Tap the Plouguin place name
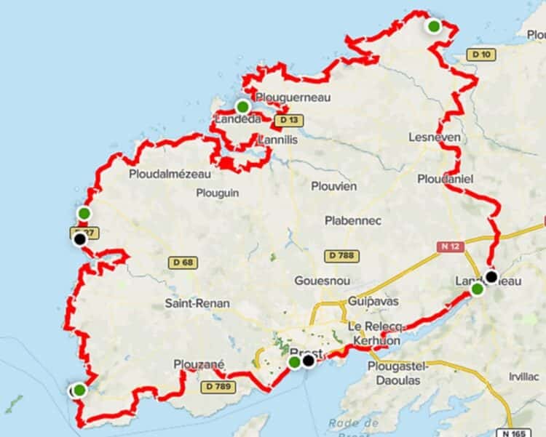coord(218,193)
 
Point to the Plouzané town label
coord(199,364)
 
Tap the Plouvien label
coord(334,186)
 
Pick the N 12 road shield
coord(451,247)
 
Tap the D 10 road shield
coord(479,54)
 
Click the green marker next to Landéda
coord(243,106)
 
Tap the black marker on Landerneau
coord(491,276)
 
